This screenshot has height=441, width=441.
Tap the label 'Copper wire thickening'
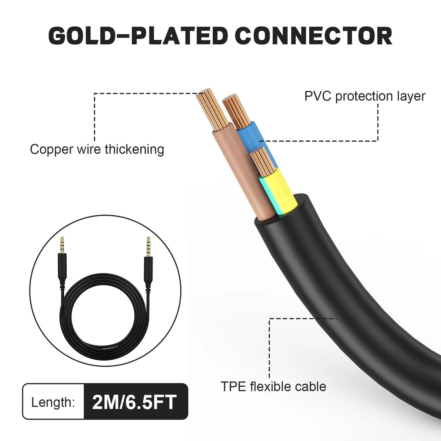97,149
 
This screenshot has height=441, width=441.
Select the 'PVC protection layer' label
364,96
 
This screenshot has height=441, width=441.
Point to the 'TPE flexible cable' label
273,387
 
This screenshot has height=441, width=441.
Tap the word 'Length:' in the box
53,402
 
